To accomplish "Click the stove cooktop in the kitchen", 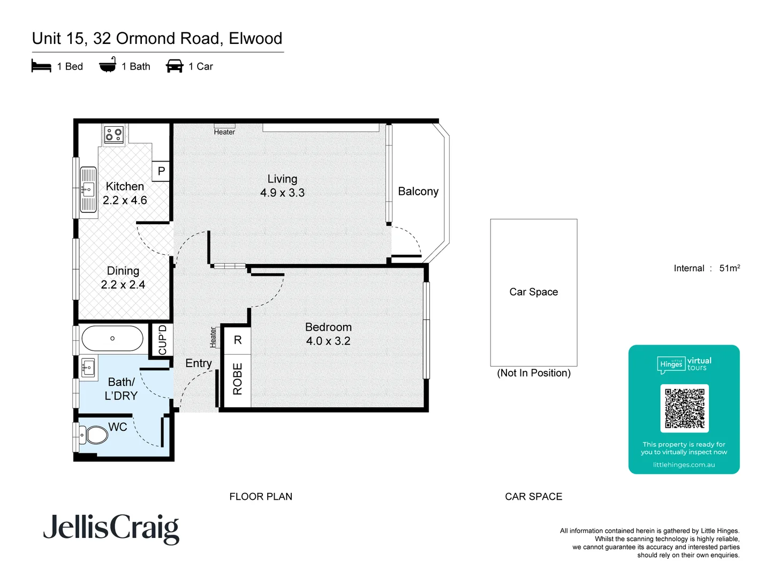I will coord(114,134).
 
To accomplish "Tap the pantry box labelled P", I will coord(161,171).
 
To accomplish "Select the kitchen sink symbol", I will coord(88,189).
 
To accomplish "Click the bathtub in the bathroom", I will coord(112,338).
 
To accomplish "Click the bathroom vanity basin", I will coord(88,368).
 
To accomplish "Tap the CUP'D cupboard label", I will coord(162,340).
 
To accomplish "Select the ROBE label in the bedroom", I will coord(238,379).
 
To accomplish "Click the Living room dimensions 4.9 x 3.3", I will coord(282,193).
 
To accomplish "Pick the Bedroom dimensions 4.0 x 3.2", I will coord(328,341).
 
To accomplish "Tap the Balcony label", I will coord(418,192).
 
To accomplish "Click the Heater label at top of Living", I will coord(224,132).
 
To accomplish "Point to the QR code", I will coord(684,408).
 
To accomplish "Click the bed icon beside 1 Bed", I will coord(41,66).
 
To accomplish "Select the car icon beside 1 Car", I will coord(175,66).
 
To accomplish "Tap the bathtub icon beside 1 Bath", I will coord(108,65).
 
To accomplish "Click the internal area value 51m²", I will coord(729,268).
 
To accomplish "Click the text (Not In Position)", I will coord(534,373).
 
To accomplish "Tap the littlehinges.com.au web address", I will coord(684,465).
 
